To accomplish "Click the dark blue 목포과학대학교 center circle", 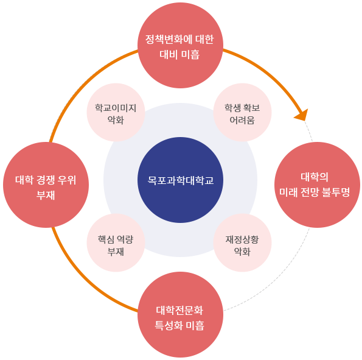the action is point(180,180).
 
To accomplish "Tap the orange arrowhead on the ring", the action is point(302,115).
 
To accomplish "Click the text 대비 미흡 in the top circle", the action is point(179,55).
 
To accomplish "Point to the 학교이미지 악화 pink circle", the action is point(116,112).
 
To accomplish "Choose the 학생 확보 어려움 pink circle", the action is point(242,112).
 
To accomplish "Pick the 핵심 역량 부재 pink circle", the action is point(116,242).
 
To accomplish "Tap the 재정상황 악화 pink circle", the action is point(242,242).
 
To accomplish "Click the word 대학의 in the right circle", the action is point(315,177).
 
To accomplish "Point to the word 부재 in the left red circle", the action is point(46,196).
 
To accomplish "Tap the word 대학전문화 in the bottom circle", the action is point(179,310).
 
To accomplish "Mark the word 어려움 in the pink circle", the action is point(242,120).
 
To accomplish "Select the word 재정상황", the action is point(242,239).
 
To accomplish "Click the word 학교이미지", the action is point(116,108).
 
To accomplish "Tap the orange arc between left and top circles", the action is point(82,83).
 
